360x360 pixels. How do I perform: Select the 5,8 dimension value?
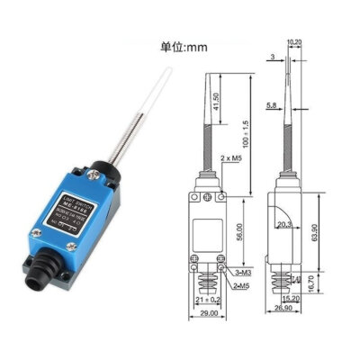coord(272,106)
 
